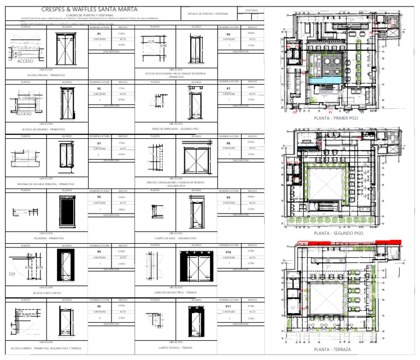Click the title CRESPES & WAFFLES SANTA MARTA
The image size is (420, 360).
click(x=90, y=9)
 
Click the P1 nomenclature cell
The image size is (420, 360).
click(x=99, y=34)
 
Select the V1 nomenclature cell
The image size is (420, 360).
click(x=99, y=143)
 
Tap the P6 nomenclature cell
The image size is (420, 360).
click(x=228, y=34)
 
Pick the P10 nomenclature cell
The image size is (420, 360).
click(x=228, y=251)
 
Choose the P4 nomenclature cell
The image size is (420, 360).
click(x=99, y=251)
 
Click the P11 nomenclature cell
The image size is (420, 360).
click(x=228, y=306)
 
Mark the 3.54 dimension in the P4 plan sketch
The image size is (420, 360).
click(x=13, y=273)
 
